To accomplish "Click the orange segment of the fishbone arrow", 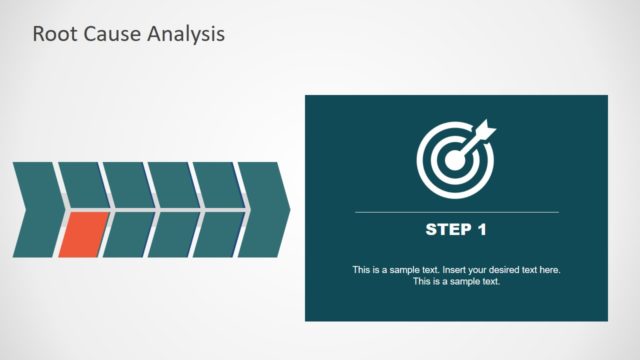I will pos(81,233).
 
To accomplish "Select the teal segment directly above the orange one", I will pos(82,185).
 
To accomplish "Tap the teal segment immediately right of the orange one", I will pos(126,233).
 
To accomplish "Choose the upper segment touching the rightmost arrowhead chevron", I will pos(217,185).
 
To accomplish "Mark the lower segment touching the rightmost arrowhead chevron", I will pos(217,233).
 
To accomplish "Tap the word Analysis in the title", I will pos(186,34).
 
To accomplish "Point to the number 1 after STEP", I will pos(482,230).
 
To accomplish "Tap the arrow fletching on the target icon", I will pos(488,126).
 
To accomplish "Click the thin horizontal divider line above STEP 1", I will pos(457,212).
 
